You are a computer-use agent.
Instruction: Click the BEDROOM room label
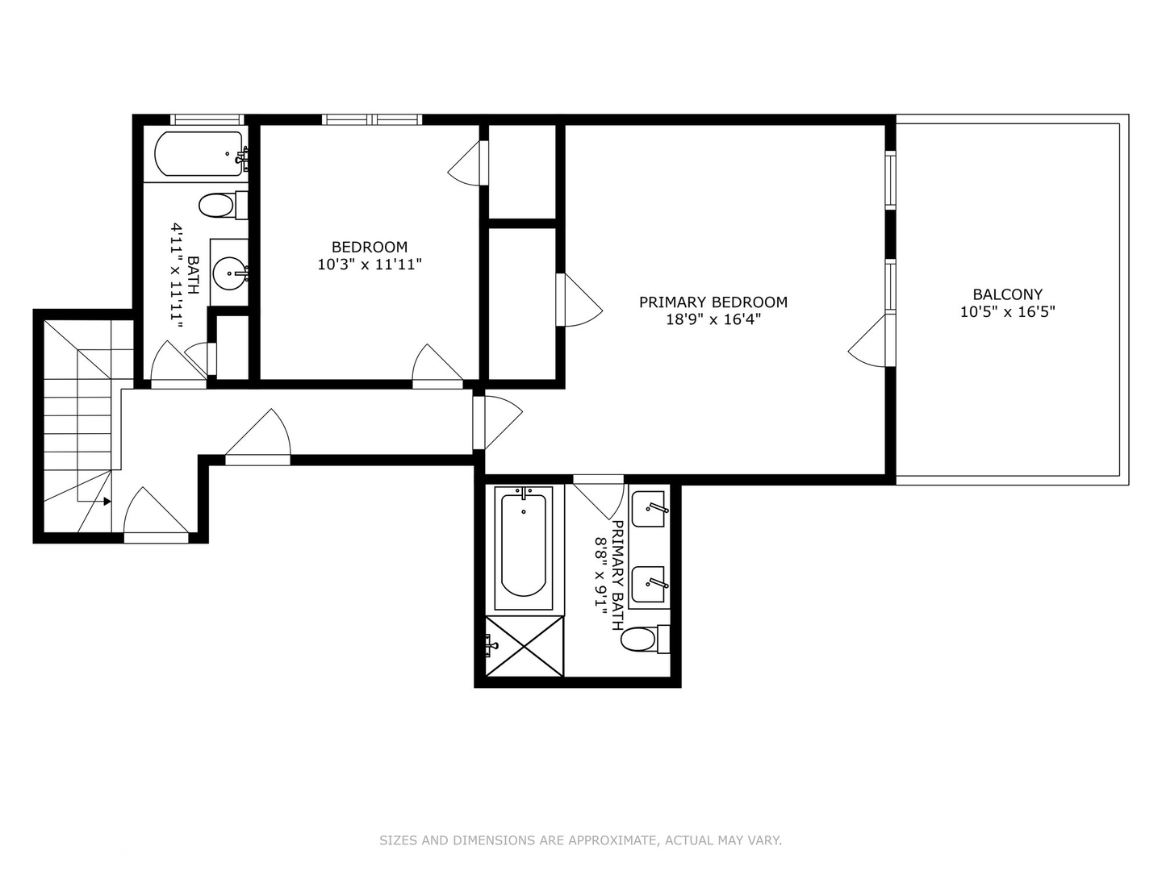point(370,247)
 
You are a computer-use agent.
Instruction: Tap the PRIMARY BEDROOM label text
point(713,302)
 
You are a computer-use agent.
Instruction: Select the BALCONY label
point(1007,294)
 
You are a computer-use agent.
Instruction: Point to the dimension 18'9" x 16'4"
point(713,319)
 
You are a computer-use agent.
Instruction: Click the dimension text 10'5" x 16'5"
point(1007,311)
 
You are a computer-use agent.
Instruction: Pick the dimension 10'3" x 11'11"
point(370,264)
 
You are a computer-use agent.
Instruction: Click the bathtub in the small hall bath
point(199,154)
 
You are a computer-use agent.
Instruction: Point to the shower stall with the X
point(523,646)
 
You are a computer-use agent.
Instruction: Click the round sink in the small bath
point(230,273)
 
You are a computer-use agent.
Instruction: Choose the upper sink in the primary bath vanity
point(648,510)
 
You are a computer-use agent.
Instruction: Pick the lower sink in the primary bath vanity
point(648,584)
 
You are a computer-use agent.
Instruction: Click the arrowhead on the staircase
point(107,501)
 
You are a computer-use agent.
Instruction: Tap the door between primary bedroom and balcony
point(871,342)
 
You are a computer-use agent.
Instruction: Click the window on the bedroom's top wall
point(372,119)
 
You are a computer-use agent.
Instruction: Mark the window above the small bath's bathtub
point(207,119)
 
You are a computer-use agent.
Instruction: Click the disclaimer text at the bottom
point(580,840)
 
